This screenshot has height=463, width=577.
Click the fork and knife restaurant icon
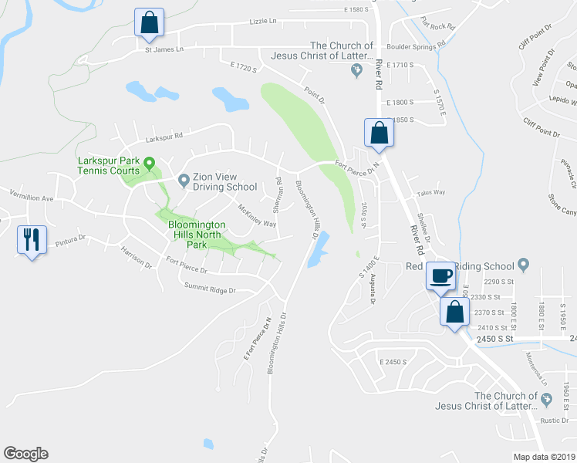tap(31, 239)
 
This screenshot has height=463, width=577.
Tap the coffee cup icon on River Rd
tap(441, 276)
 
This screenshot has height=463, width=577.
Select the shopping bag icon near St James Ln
tap(149, 22)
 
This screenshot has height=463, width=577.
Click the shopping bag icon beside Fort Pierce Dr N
tap(379, 133)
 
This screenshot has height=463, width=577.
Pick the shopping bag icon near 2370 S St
tap(454, 313)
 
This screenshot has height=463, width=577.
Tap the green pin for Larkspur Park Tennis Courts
tap(150, 161)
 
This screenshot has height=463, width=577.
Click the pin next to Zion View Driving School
tap(184, 181)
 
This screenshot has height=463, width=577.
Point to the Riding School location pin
tap(523, 265)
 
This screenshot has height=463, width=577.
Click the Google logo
tap(25, 454)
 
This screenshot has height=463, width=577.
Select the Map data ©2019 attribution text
tap(543, 457)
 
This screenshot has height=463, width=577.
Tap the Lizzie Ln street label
tap(263, 22)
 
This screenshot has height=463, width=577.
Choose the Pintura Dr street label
tap(71, 242)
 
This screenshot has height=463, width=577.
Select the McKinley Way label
tap(257, 216)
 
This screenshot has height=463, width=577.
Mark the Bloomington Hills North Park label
tap(197, 234)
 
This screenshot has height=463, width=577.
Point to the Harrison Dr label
tap(137, 257)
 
